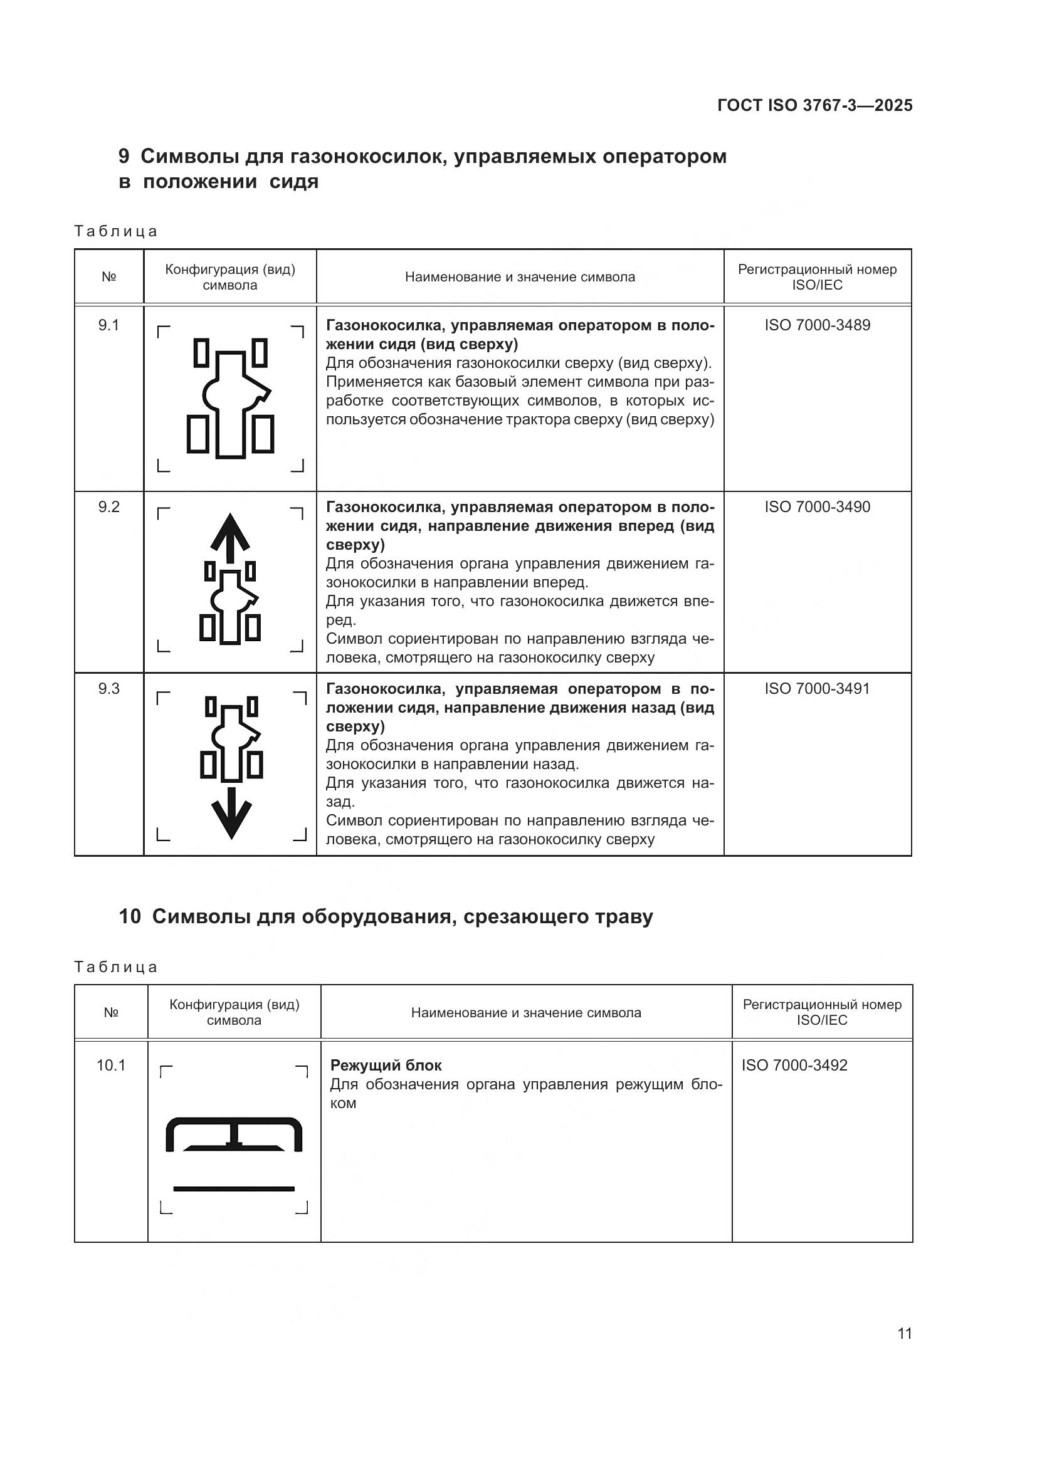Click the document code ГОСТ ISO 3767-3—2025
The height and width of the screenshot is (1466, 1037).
(x=815, y=105)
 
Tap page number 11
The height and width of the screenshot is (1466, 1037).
(x=904, y=1333)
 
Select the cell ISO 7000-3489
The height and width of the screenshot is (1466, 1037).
(x=818, y=325)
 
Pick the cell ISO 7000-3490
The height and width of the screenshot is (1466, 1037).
(x=818, y=507)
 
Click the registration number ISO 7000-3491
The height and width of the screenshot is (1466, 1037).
(x=818, y=689)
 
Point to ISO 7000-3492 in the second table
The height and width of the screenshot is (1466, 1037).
(x=794, y=1065)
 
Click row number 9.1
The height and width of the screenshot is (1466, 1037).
(x=108, y=325)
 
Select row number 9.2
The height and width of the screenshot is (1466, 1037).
(x=108, y=507)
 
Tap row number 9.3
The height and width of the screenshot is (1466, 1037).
(x=108, y=689)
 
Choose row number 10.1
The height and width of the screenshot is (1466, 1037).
(x=111, y=1065)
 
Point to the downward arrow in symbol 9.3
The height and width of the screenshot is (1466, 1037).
(x=231, y=814)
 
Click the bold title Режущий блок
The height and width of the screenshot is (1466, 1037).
(x=386, y=1065)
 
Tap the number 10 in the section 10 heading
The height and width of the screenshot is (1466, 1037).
(x=130, y=917)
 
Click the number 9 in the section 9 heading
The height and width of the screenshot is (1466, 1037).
(x=124, y=157)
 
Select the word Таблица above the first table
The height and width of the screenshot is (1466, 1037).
(x=115, y=231)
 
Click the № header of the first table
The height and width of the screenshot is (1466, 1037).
(x=108, y=277)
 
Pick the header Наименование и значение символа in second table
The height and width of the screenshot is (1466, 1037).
(x=525, y=1013)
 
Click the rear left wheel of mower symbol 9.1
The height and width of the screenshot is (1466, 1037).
(x=198, y=434)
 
